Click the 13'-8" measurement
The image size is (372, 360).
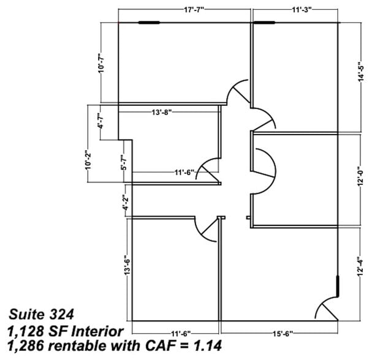pos(165,113)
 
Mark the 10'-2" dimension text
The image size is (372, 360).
pos(88,160)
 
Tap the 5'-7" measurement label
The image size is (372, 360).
pos(124,160)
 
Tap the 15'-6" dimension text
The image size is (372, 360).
pos(282,333)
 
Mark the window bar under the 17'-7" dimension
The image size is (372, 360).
pos(149,23)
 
